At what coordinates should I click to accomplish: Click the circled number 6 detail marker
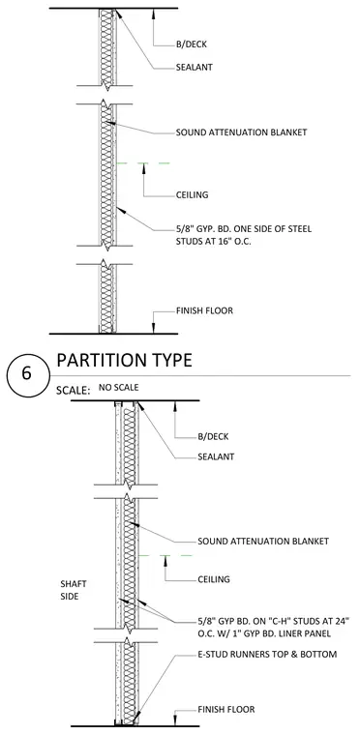(28, 375)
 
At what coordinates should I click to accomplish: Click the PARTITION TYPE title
(125, 361)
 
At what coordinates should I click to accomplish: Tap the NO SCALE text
(119, 388)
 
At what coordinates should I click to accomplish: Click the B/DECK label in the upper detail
(192, 45)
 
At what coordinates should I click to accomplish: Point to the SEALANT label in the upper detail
(195, 67)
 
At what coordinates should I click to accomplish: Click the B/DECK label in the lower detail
(213, 437)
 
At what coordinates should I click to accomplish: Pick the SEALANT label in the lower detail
(216, 456)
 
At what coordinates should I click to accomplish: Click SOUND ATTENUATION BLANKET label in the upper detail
(241, 132)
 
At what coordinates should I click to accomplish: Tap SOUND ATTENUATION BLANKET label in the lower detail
(263, 542)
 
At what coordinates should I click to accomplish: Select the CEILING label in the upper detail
(192, 195)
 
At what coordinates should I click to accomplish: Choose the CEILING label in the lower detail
(214, 579)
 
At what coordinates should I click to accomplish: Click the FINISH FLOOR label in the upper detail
(204, 310)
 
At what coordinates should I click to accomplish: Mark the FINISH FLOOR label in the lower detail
(225, 710)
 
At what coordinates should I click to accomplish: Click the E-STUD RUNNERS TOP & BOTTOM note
(267, 654)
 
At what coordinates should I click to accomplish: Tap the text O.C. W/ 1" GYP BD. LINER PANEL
(265, 634)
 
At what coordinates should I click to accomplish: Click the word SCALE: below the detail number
(73, 391)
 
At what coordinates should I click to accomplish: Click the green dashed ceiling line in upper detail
(142, 163)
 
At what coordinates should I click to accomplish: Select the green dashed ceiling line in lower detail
(165, 555)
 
